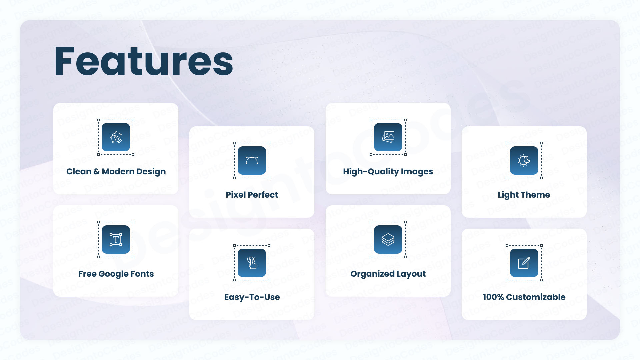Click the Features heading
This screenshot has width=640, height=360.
pyautogui.click(x=144, y=62)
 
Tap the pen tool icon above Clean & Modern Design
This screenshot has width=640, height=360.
pyautogui.click(x=116, y=137)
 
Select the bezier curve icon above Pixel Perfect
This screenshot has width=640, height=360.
pyautogui.click(x=252, y=160)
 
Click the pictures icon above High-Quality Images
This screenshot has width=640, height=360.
pyautogui.click(x=388, y=137)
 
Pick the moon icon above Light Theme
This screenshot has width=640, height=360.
pyautogui.click(x=524, y=160)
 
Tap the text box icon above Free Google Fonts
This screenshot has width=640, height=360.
pyautogui.click(x=116, y=239)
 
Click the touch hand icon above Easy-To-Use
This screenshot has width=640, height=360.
pyautogui.click(x=252, y=263)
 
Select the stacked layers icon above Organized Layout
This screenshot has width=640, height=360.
pyautogui.click(x=388, y=239)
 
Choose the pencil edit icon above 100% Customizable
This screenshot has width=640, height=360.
pyautogui.click(x=524, y=263)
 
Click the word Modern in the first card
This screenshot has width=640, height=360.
pyautogui.click(x=117, y=171)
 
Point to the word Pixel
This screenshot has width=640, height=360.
pyautogui.click(x=236, y=195)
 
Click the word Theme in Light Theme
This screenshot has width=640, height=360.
pyautogui.click(x=536, y=195)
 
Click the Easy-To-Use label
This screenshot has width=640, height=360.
pyautogui.click(x=252, y=297)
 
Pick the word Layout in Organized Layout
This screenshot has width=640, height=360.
pyautogui.click(x=411, y=274)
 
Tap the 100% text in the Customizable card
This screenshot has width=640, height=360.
pyautogui.click(x=493, y=297)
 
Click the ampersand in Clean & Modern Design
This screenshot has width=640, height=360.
pyautogui.click(x=97, y=171)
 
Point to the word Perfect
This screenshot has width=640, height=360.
pyautogui.click(x=263, y=195)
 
